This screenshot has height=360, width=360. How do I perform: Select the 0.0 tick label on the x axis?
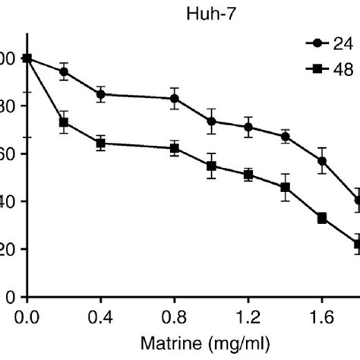pos(27,313)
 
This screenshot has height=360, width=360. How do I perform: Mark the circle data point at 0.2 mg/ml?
pos(64,71)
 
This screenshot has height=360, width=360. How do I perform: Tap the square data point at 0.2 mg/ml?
pos(64,122)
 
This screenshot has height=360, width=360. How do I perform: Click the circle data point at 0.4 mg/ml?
pos(100,95)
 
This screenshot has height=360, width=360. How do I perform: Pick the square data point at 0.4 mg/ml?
pos(100,143)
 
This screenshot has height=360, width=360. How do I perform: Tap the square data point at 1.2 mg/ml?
pos(248,175)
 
